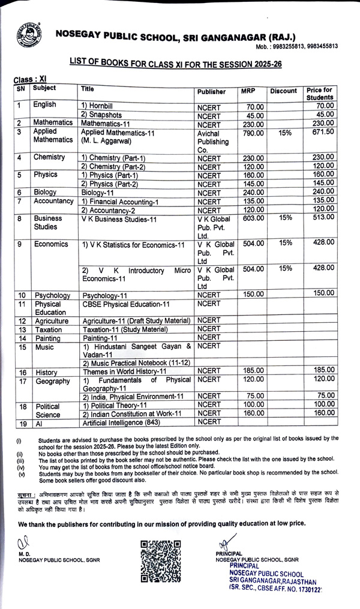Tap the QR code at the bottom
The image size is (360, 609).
tap(161, 560)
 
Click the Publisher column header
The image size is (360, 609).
tap(211, 92)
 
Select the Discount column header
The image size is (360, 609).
tap(283, 91)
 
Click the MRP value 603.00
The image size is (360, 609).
tap(252, 219)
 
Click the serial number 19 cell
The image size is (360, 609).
tap(22, 424)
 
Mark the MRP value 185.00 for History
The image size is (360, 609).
tap(252, 372)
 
